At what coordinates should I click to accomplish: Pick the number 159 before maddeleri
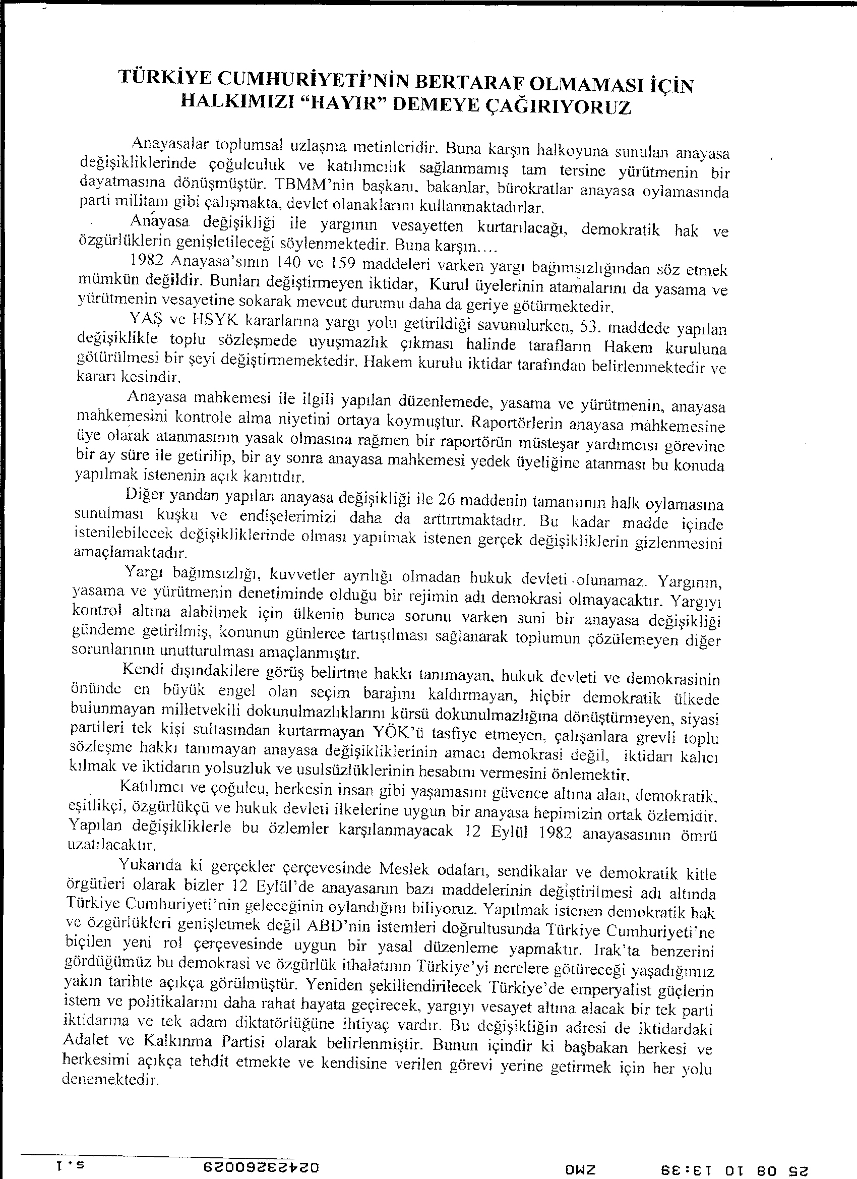(343, 264)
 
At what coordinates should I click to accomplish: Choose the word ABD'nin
(334, 927)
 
